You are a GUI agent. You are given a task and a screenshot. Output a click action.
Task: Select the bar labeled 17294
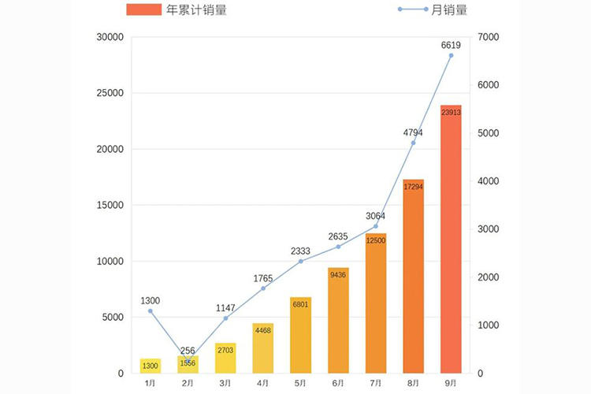(413, 276)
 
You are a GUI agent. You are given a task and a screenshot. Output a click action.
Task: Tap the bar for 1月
(150, 366)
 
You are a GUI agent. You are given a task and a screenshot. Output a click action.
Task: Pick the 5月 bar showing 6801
(300, 335)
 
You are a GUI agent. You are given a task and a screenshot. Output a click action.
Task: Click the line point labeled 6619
(451, 56)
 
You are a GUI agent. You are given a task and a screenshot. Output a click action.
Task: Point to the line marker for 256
(188, 361)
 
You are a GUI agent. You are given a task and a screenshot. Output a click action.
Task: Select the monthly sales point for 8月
(413, 143)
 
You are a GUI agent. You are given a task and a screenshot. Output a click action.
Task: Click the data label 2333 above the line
(300, 251)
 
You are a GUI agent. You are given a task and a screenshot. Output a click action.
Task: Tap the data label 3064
(376, 216)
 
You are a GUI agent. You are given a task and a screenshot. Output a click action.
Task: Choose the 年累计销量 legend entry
(178, 10)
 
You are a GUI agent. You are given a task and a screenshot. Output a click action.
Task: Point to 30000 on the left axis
(110, 37)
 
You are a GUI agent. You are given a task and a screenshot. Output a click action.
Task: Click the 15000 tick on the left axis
(110, 205)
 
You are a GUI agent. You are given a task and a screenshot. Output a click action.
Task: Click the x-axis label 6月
(338, 383)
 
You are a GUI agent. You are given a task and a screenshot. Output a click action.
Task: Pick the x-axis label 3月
(225, 383)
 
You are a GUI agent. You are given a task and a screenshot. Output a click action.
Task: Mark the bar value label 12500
(376, 240)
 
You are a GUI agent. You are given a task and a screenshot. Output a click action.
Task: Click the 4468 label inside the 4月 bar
(262, 331)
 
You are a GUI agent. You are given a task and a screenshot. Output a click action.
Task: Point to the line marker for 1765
(262, 288)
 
